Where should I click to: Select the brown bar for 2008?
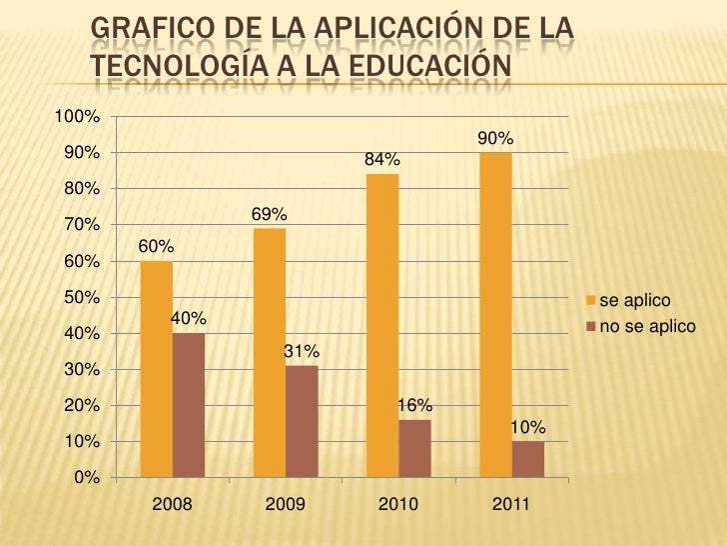pos(188,404)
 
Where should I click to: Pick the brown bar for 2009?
pos(302,420)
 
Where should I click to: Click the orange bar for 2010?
pos(382,325)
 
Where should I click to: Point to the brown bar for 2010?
pos(414,447)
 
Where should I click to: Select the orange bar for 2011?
pos(495,314)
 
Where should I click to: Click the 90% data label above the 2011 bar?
pos(495,138)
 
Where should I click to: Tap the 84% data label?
pos(382,160)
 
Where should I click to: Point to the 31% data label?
pos(302,351)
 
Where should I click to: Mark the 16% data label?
pos(414,405)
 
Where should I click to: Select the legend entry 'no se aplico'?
pos(646,326)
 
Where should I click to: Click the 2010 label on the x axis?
pos(398,505)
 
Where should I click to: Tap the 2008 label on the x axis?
pos(172,505)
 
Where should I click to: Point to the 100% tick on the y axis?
pos(76,117)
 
